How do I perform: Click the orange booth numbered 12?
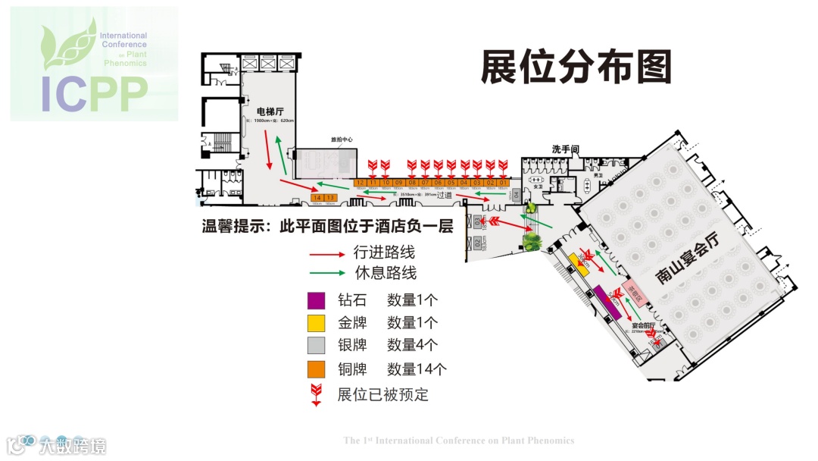[360, 183]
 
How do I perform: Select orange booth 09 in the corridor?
[398, 183]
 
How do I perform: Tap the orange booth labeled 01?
[502, 183]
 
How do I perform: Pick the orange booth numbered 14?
[317, 198]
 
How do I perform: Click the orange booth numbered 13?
[330, 198]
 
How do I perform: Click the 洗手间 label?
[565, 149]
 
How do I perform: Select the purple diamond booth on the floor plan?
[607, 303]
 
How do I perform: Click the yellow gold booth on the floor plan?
[579, 262]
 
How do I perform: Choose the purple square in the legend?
[317, 300]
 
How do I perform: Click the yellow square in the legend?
[317, 323]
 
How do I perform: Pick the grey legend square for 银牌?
[317, 346]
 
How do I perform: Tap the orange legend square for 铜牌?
[317, 369]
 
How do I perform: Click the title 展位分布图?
[576, 68]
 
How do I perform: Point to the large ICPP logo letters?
[94, 94]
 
